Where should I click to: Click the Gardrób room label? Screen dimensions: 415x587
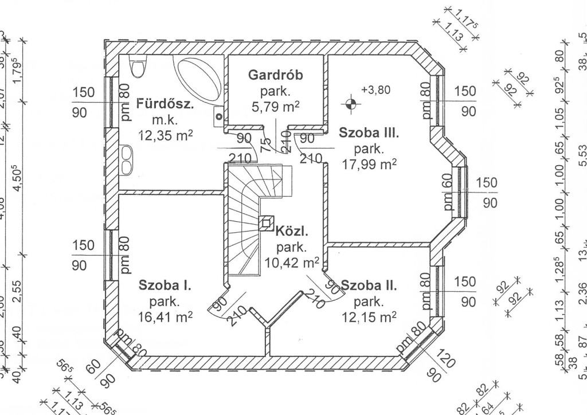coord(275,75)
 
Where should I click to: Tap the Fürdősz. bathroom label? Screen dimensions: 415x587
coord(165,104)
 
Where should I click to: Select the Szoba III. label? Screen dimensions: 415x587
coord(368,134)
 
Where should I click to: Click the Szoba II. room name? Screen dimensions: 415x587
coord(369,285)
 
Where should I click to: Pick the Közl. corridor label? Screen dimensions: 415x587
coord(292,233)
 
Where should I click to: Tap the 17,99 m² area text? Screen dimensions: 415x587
coord(369,165)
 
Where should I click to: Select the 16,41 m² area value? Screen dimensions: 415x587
coord(165,316)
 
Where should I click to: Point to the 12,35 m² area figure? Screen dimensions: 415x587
coord(165,135)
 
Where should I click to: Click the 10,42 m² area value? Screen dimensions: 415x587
coord(292,263)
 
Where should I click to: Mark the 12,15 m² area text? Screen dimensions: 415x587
coord(369,316)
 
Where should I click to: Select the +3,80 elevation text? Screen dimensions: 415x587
coord(375,90)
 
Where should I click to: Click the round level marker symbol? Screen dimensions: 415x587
coord(350,104)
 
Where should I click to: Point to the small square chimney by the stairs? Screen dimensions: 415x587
coord(267,222)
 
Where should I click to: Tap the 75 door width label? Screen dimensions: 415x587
coord(267,145)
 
